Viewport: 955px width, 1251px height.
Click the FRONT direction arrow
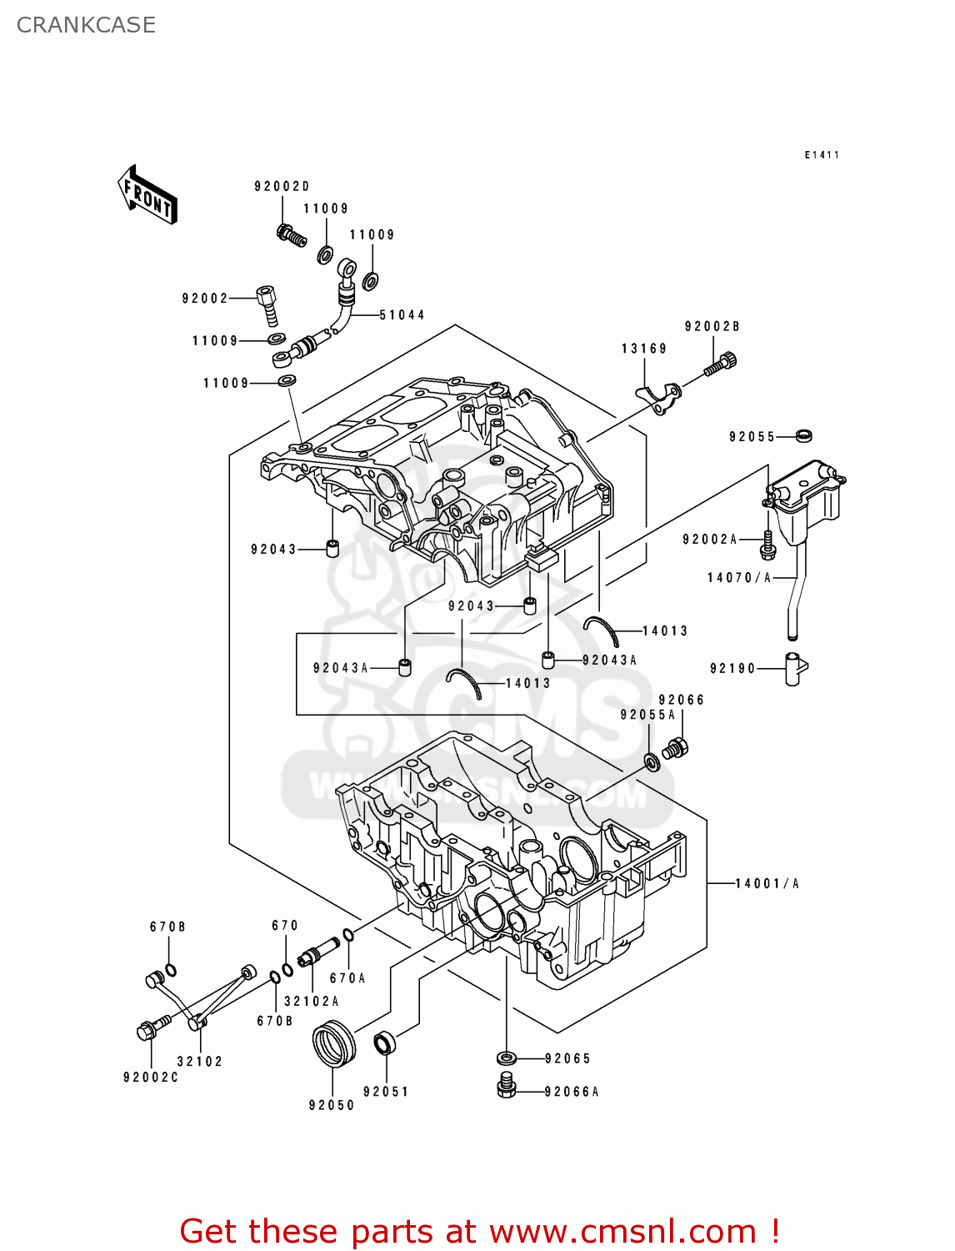[147, 195]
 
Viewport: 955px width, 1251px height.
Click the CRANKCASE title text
[86, 25]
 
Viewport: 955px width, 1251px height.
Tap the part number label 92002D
[282, 187]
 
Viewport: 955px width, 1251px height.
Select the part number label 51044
[402, 315]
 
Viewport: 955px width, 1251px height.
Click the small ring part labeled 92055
[803, 435]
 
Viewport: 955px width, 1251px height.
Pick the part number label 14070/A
[739, 578]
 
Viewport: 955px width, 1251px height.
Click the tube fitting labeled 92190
[795, 669]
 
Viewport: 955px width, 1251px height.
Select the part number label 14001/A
[767, 884]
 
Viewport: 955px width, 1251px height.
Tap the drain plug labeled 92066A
[507, 1088]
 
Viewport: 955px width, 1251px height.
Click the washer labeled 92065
[507, 1058]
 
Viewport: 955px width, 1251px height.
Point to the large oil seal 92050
[333, 1043]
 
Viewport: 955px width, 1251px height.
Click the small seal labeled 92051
[384, 1042]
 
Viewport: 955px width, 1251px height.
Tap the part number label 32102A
[312, 1002]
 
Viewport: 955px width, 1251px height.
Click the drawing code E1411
[822, 155]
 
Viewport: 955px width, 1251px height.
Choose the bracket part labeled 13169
[656, 399]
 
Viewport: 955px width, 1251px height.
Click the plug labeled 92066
[676, 748]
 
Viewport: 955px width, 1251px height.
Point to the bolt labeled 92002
[268, 305]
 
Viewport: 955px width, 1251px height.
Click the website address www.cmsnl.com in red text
[622, 1232]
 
